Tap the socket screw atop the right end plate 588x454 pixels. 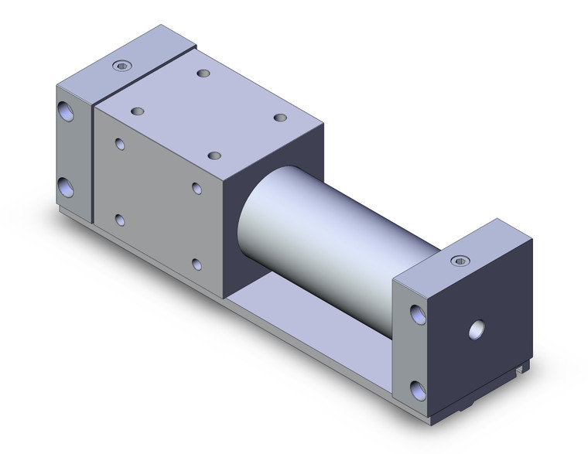(x=461, y=260)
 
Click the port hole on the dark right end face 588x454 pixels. (x=476, y=331)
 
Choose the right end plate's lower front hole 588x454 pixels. (x=419, y=389)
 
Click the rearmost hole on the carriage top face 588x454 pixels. (x=203, y=73)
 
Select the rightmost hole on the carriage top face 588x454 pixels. (x=280, y=118)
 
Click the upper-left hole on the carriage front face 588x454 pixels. (x=120, y=144)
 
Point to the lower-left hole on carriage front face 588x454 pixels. (x=120, y=220)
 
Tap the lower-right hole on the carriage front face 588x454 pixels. (x=197, y=265)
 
